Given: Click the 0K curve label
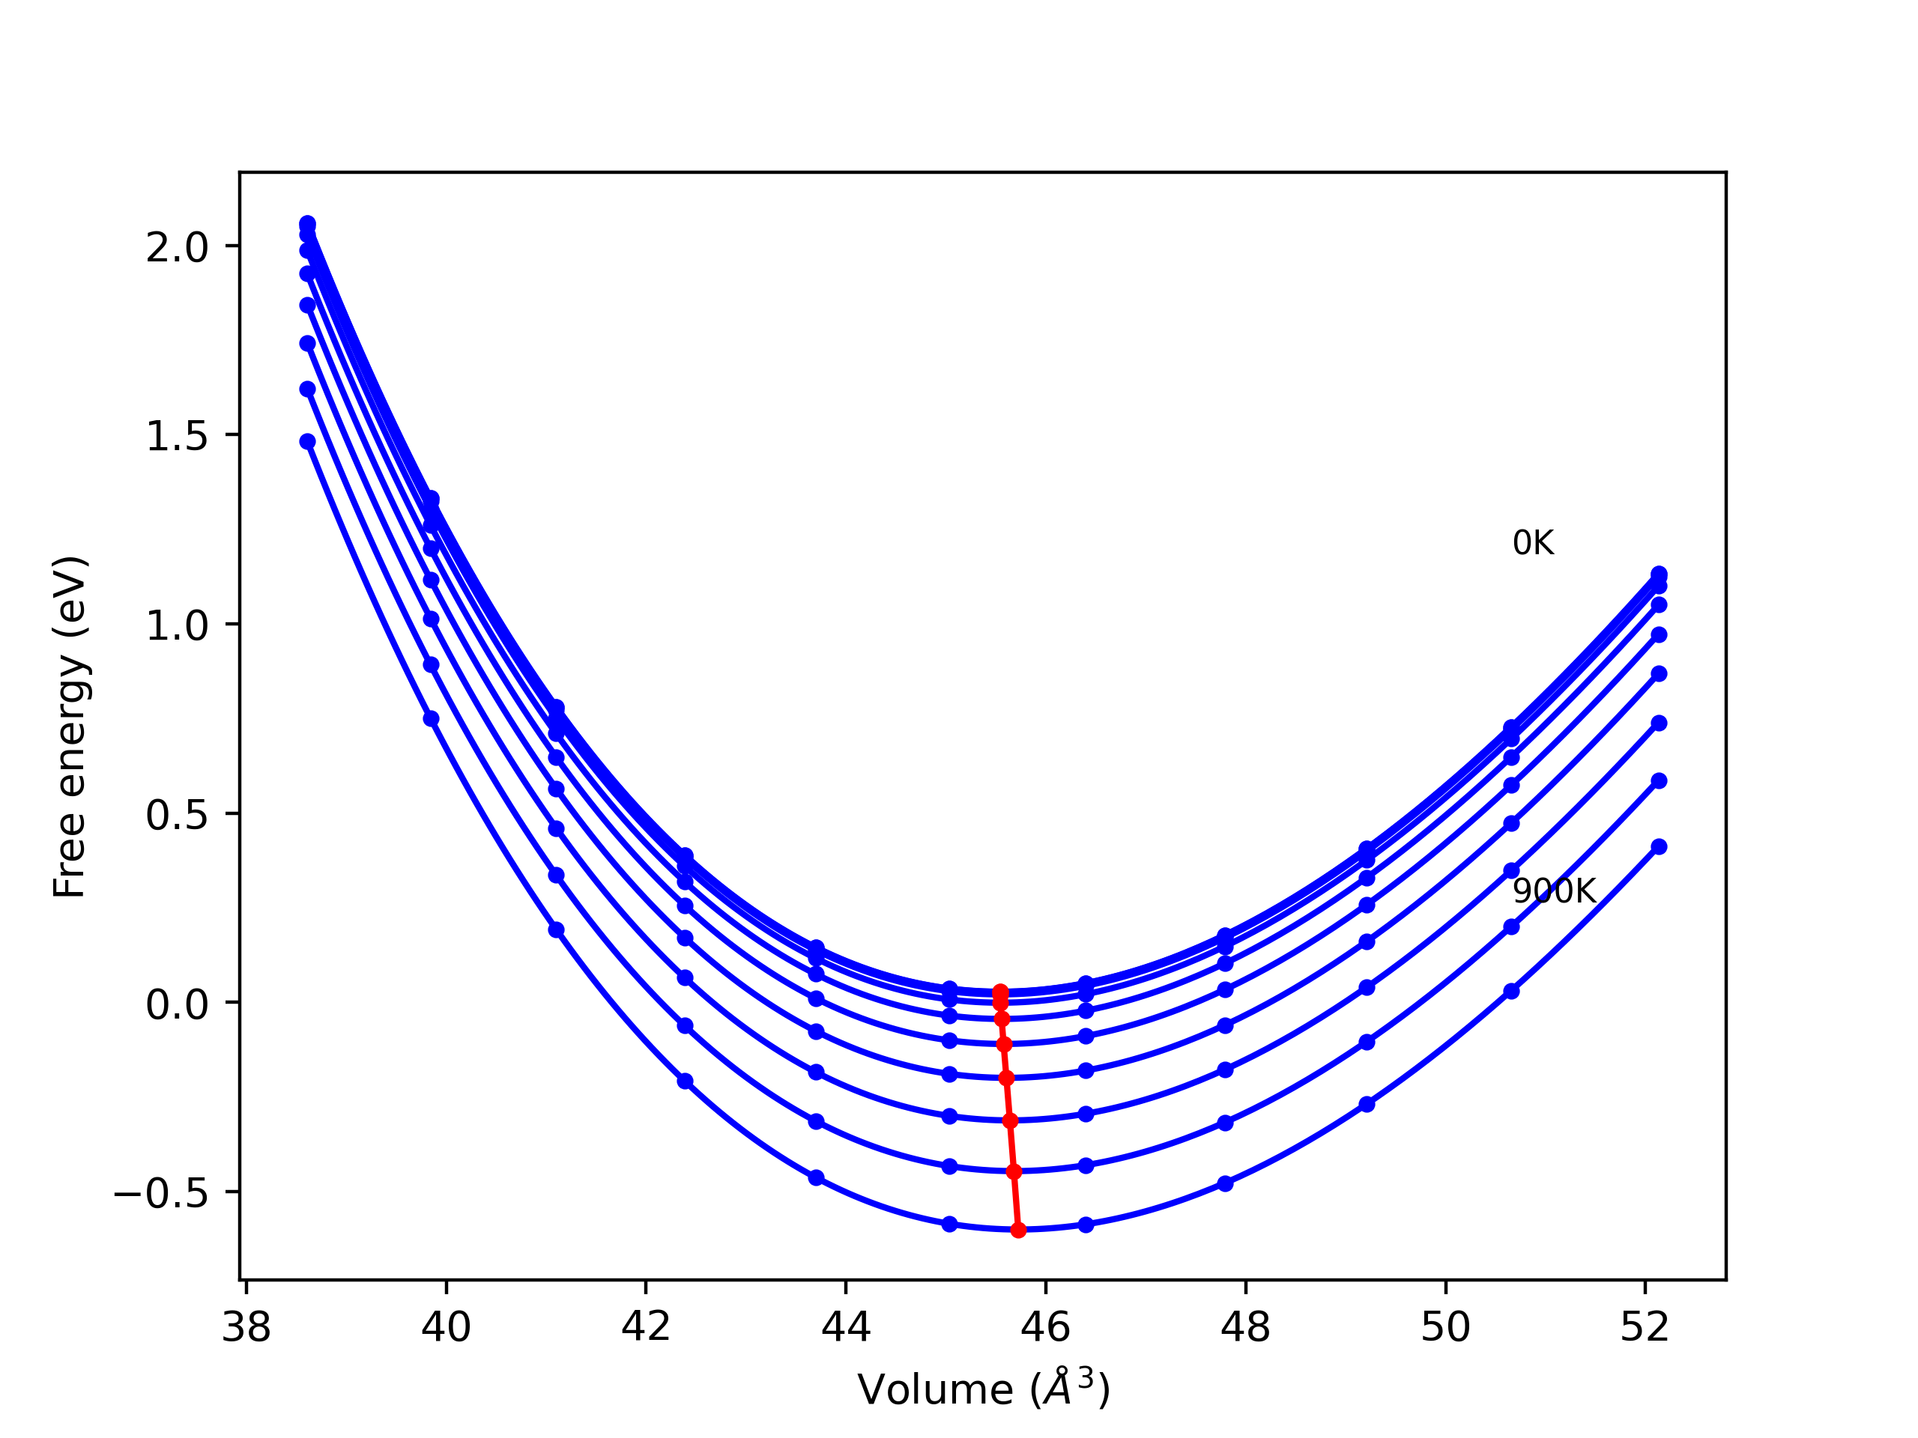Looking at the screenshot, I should [1533, 544].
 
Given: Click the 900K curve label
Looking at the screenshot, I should [1554, 892].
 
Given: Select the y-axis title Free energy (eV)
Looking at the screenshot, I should [70, 727].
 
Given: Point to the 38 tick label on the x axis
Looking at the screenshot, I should [246, 1328].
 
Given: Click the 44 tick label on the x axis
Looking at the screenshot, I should [845, 1328].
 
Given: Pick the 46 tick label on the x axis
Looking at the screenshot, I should [1046, 1328].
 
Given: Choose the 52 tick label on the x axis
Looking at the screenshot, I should [1645, 1328].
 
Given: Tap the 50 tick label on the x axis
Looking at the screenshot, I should [1445, 1328].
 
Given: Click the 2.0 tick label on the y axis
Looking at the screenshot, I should [177, 249].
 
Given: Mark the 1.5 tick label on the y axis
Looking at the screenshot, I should [177, 437].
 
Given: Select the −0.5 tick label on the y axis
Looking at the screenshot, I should [161, 1195].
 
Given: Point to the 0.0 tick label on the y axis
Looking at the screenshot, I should [177, 1005].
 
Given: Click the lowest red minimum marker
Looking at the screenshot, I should [1018, 1230].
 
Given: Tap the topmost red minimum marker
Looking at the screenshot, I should [999, 992].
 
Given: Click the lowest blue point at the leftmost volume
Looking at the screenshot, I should [308, 442].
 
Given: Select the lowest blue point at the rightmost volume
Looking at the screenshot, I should [1659, 847].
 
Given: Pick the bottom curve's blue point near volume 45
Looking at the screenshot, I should [949, 1224].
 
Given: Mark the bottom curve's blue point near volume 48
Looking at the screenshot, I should [1225, 1183].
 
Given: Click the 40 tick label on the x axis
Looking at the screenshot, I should [446, 1328].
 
